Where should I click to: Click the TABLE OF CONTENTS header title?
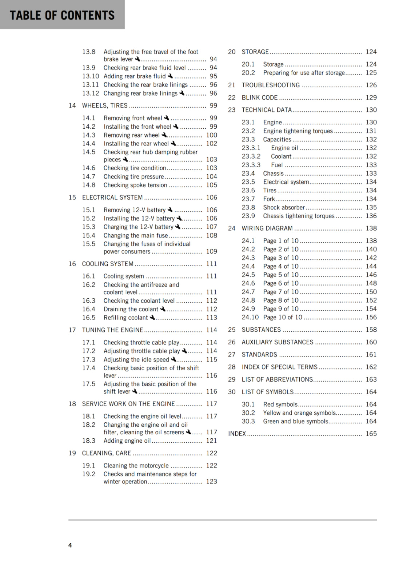click(x=62, y=15)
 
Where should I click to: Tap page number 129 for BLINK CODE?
click(x=371, y=97)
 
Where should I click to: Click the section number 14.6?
click(x=89, y=168)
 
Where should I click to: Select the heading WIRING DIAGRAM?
click(x=267, y=228)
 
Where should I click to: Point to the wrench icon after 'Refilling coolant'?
click(x=152, y=317)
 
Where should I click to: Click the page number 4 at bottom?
click(x=70, y=545)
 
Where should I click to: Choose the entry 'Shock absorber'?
click(x=284, y=207)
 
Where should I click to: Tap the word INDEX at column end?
click(x=237, y=434)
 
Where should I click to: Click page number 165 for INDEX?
click(x=371, y=434)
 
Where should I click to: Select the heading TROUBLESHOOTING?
click(x=271, y=85)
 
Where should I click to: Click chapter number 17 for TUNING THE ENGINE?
click(x=72, y=330)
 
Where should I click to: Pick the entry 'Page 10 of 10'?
click(x=283, y=317)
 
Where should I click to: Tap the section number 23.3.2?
click(x=251, y=156)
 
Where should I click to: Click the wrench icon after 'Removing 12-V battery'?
click(x=170, y=210)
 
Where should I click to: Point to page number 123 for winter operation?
click(x=211, y=481)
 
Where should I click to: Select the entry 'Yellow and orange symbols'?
click(x=299, y=413)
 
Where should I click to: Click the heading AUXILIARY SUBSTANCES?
click(x=277, y=342)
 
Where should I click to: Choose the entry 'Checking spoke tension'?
click(x=135, y=185)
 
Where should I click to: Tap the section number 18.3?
click(x=89, y=441)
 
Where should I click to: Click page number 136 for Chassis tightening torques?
click(x=371, y=216)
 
